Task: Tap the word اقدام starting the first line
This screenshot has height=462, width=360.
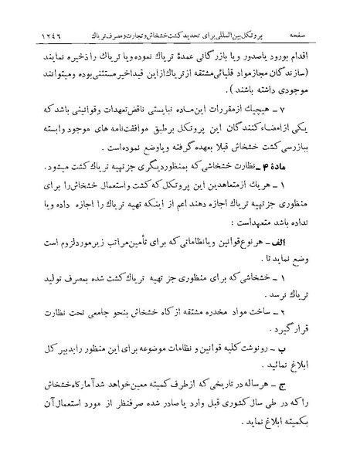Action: (x=316, y=57)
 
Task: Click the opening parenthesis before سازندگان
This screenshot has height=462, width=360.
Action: (x=327, y=76)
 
